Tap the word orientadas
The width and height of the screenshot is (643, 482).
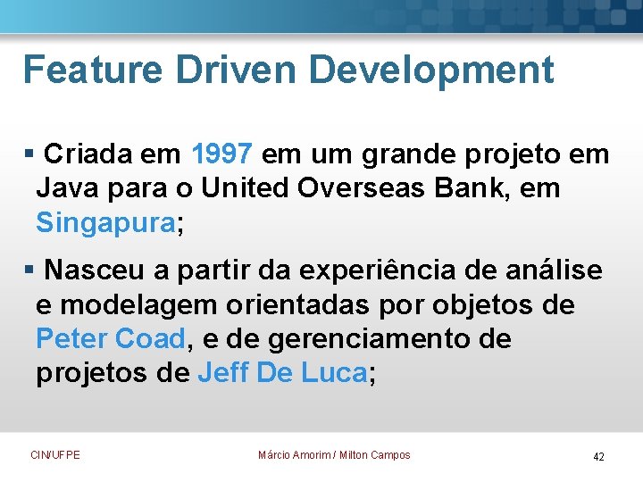point(300,305)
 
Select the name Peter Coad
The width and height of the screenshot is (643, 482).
point(111,339)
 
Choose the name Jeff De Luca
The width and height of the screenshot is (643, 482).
point(282,373)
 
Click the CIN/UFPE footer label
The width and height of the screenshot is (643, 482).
point(55,455)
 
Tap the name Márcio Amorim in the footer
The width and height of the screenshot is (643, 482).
point(293,455)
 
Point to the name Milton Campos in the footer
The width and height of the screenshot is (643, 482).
point(375,455)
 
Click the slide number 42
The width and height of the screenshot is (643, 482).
point(598,457)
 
